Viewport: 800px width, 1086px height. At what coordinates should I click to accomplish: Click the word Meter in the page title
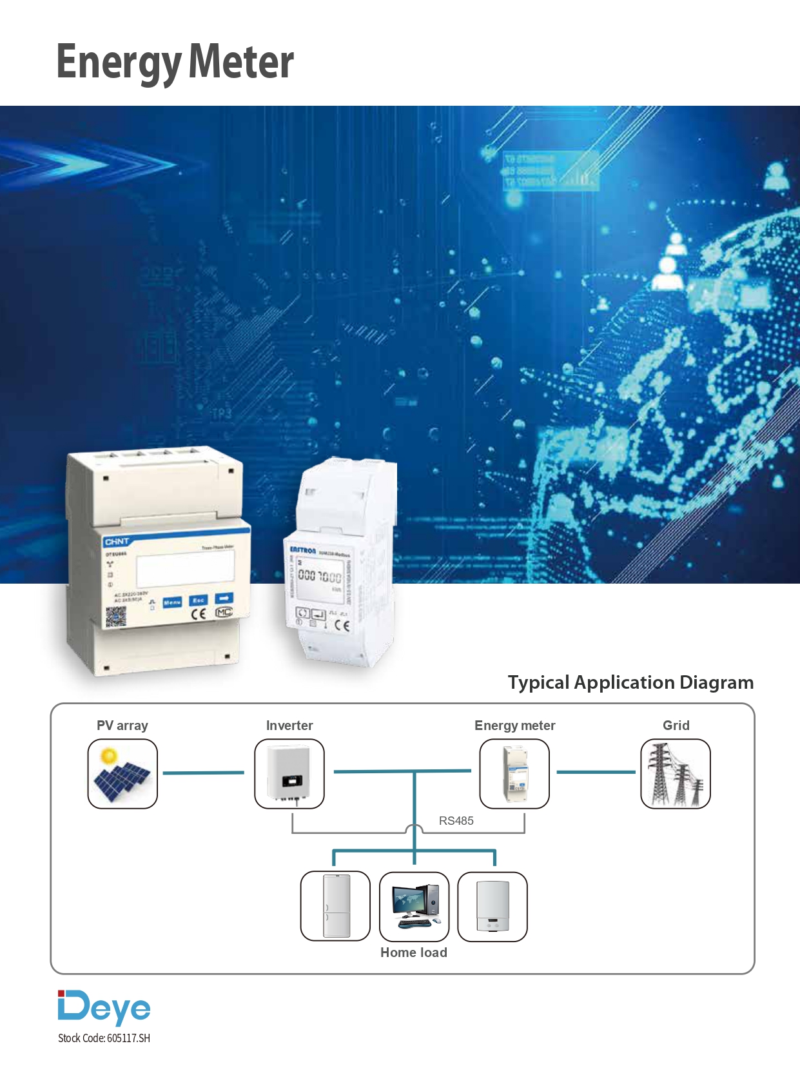[241, 62]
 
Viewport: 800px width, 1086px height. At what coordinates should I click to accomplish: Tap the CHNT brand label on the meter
[117, 542]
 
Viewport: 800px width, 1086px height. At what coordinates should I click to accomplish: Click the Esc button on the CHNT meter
[198, 600]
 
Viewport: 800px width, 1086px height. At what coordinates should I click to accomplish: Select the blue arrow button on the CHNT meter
[224, 598]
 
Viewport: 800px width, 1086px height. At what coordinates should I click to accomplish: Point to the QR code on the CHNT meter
[116, 617]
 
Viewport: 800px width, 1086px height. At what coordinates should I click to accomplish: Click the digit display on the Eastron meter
[320, 577]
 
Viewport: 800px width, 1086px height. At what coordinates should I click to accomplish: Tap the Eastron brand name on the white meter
[302, 550]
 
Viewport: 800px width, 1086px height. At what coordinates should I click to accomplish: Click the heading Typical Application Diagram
[630, 682]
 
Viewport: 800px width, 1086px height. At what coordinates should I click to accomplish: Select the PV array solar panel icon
[122, 773]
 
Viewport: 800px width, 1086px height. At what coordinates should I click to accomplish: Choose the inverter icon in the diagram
[289, 773]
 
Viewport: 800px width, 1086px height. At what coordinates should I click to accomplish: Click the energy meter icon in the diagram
[514, 773]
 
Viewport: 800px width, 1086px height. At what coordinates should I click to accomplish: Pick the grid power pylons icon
[676, 773]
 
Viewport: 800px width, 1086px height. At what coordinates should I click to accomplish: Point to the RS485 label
[456, 821]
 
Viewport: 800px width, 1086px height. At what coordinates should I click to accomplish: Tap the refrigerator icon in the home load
[335, 906]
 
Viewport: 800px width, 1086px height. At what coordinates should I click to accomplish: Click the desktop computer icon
[414, 906]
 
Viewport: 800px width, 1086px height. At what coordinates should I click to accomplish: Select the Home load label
[413, 953]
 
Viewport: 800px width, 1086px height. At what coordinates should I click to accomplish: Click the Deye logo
[104, 1007]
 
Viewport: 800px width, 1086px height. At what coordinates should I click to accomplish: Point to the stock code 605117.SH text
[104, 1038]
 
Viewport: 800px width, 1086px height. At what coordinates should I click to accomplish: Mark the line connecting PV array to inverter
[204, 773]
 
